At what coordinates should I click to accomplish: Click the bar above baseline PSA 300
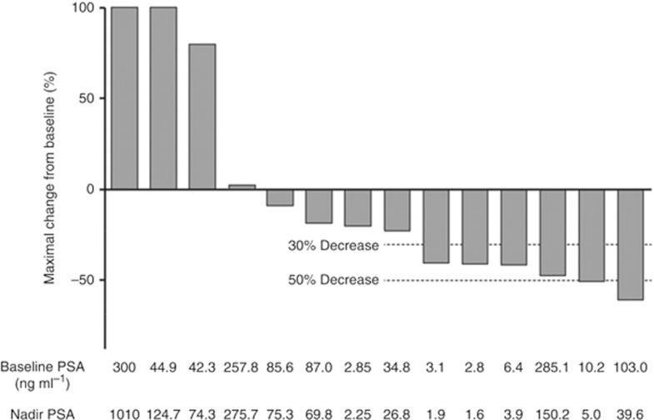coord(124,98)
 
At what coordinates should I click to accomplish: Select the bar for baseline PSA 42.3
coord(202,117)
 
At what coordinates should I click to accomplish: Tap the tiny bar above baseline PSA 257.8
coord(241,187)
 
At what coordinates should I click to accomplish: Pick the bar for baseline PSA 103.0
coord(630,244)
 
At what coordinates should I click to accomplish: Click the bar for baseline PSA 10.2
coord(592,236)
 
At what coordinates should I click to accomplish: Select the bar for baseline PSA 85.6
coord(280,197)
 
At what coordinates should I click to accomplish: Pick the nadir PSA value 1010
coord(124,410)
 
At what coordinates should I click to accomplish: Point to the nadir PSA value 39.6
coord(630,410)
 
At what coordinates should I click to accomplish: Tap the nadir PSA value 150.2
coord(552,410)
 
